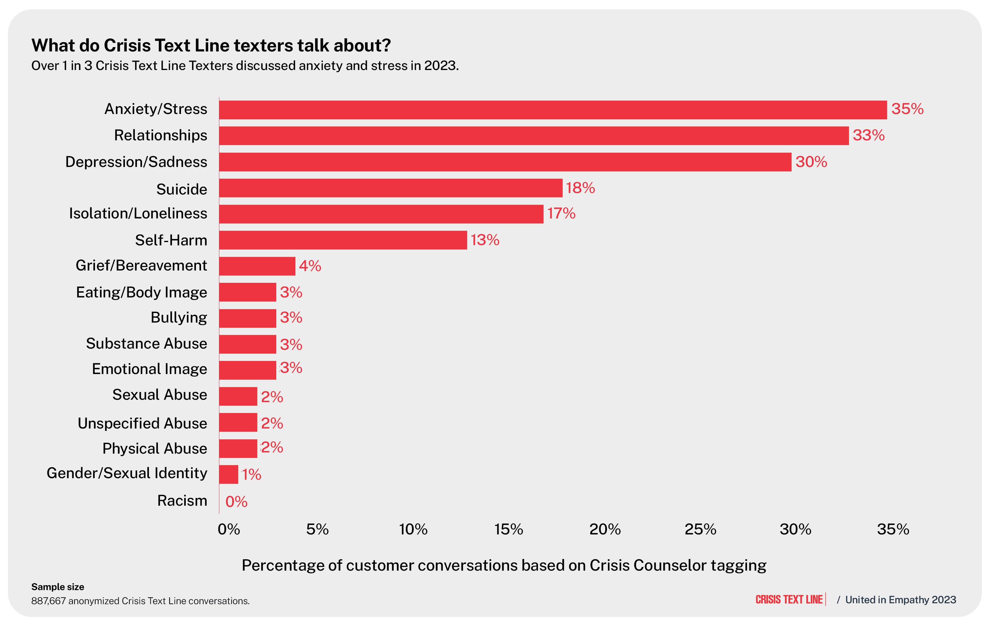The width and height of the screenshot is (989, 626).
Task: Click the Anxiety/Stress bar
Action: pyautogui.click(x=552, y=110)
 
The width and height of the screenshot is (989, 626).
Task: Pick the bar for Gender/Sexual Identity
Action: pyautogui.click(x=228, y=474)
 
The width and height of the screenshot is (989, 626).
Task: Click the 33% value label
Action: pyautogui.click(x=868, y=135)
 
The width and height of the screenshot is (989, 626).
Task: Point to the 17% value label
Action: pyautogui.click(x=561, y=213)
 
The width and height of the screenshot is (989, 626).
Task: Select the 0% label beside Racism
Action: pyautogui.click(x=236, y=501)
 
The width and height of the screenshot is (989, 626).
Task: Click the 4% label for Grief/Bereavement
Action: pyautogui.click(x=310, y=266)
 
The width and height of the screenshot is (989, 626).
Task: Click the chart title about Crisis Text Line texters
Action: pyautogui.click(x=211, y=45)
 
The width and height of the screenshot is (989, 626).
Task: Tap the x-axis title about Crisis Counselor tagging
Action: pyautogui.click(x=504, y=565)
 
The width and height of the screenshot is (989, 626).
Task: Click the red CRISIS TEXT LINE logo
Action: pyautogui.click(x=789, y=600)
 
